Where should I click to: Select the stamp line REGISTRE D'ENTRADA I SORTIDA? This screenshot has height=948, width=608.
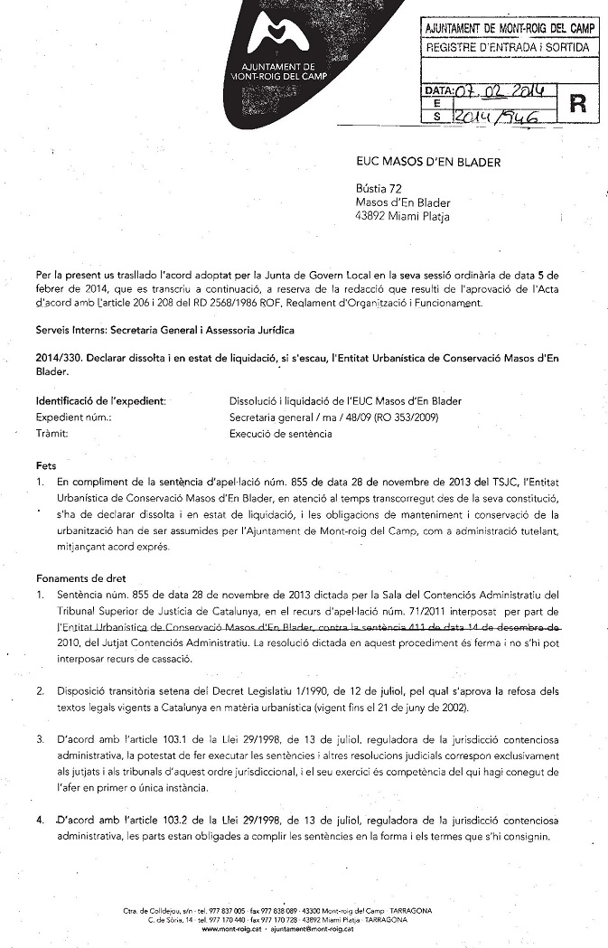coord(507,46)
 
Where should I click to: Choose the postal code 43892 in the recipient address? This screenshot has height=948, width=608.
coord(374,216)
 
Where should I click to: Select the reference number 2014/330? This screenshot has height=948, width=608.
coord(59,358)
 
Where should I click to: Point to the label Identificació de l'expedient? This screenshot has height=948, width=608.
coord(100,400)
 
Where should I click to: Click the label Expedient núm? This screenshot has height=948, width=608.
coord(73,418)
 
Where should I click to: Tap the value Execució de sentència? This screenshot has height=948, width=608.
coord(280,434)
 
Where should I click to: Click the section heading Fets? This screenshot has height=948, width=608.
coord(45,465)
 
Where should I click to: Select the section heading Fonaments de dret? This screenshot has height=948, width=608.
coord(80,578)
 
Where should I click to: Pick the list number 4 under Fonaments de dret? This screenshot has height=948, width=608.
coord(40,821)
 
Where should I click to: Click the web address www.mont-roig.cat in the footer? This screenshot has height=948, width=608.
coord(232,929)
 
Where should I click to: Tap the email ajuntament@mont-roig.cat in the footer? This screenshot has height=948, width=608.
coord(312,929)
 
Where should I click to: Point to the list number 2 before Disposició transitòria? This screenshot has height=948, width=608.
coord(40,691)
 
